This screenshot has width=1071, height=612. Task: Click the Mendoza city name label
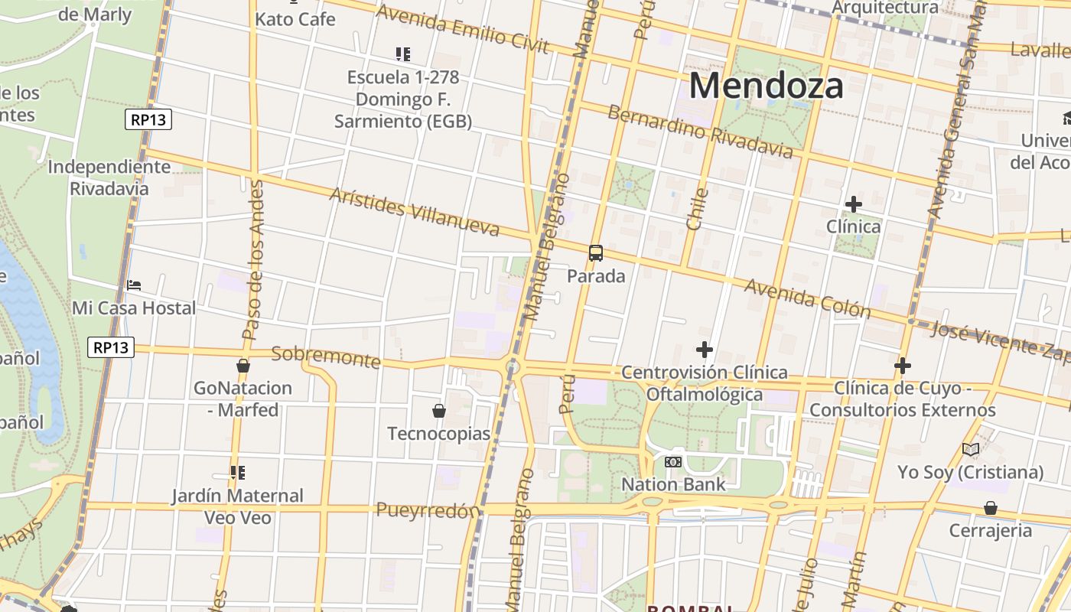point(767,86)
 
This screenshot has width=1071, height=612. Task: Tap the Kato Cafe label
point(295,19)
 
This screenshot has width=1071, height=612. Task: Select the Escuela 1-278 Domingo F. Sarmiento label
point(403,99)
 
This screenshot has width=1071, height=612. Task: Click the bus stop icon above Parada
point(596,253)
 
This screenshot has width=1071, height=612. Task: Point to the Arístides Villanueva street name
point(414,212)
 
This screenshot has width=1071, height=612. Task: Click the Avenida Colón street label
point(807,298)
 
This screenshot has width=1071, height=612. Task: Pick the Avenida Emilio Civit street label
point(463,30)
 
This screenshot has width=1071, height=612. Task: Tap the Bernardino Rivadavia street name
point(700,132)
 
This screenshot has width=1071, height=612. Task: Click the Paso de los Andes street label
point(252,260)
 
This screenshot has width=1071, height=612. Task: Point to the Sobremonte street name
point(326,356)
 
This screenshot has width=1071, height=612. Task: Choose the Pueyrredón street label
point(428,510)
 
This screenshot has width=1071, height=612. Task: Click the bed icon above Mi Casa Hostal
point(134,285)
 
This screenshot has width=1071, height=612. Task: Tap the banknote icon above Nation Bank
point(673,462)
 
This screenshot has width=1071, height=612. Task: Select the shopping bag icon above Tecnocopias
point(439,412)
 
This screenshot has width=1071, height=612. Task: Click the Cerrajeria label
point(990,530)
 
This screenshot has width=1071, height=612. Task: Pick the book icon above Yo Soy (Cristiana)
point(971,450)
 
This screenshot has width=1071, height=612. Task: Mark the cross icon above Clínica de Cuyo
point(903,366)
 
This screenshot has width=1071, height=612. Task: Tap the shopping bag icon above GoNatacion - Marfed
point(243,366)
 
